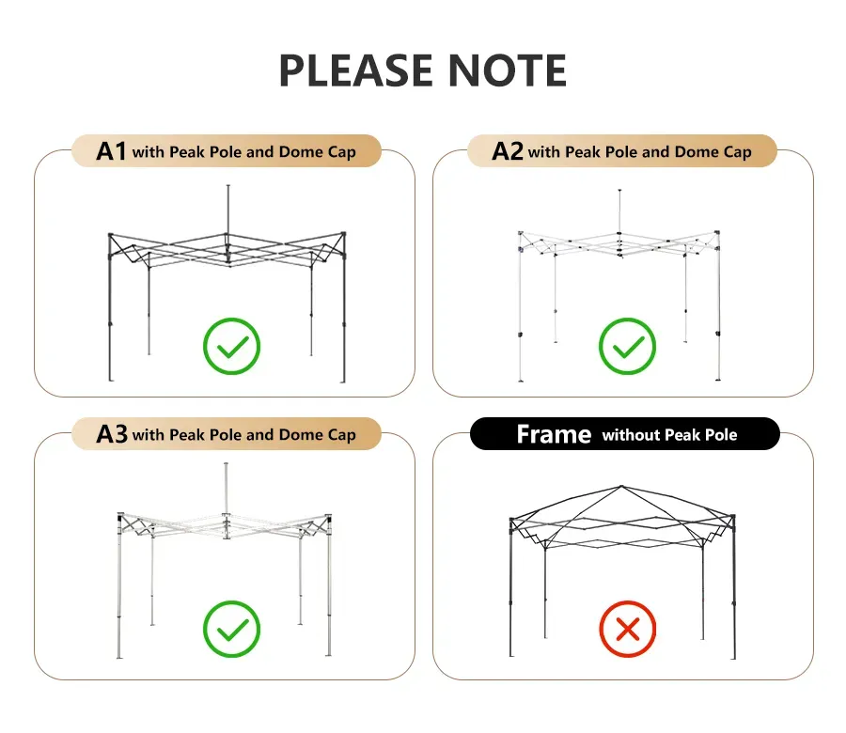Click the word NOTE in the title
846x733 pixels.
pyautogui.click(x=508, y=70)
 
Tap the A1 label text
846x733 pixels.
pyautogui.click(x=111, y=151)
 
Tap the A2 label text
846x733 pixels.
pyautogui.click(x=508, y=151)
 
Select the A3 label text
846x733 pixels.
pyautogui.click(x=112, y=434)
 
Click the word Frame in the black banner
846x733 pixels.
pyautogui.click(x=554, y=434)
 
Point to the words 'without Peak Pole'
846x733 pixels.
pyautogui.click(x=669, y=435)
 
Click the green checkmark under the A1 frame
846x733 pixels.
pyautogui.click(x=232, y=346)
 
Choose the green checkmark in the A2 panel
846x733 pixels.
pyautogui.click(x=628, y=346)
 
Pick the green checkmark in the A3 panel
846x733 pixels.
pyautogui.click(x=232, y=629)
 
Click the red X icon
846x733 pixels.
pyautogui.click(x=628, y=629)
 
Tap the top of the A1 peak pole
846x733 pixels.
pyautogui.click(x=228, y=186)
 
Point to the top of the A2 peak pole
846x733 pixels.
pyautogui.click(x=619, y=191)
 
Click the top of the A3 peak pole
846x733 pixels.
pyautogui.click(x=226, y=464)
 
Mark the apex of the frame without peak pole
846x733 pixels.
pyautogui.click(x=621, y=486)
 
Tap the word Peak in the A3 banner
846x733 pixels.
pyautogui.click(x=187, y=435)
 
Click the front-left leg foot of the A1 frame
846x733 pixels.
pyautogui.click(x=111, y=379)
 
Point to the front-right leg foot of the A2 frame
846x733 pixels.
pyautogui.click(x=718, y=379)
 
